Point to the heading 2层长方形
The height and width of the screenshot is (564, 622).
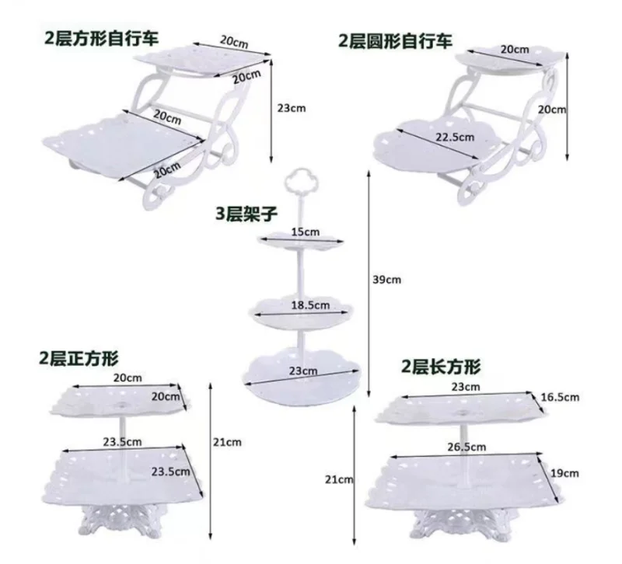point(441,365)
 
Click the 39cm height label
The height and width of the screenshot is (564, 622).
point(387,278)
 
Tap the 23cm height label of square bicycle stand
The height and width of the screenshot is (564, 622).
point(292,107)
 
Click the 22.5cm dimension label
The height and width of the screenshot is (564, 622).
point(454,138)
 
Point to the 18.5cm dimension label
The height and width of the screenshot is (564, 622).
point(305,306)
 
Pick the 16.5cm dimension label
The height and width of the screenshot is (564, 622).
point(561,397)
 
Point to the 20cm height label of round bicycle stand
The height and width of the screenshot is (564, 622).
point(554,110)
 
